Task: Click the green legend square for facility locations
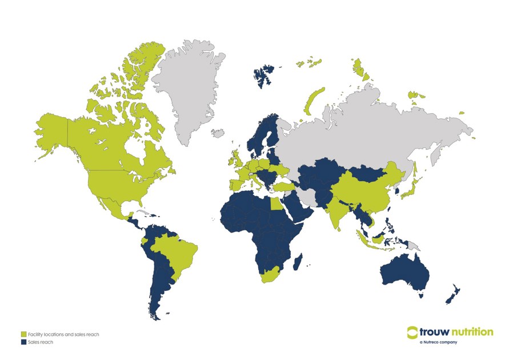(x=23, y=334)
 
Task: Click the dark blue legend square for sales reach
(x=23, y=342)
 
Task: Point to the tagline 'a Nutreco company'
(x=438, y=342)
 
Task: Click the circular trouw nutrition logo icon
(x=413, y=333)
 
